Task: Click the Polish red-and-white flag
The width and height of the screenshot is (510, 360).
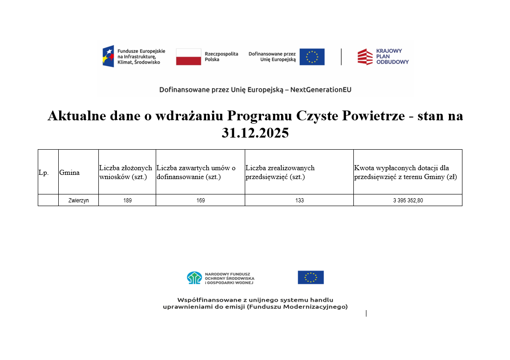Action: (x=188, y=57)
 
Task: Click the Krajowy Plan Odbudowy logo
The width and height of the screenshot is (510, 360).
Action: (x=383, y=56)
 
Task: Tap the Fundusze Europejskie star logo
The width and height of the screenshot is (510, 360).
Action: (x=108, y=56)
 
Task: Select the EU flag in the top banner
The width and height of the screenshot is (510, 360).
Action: (x=312, y=57)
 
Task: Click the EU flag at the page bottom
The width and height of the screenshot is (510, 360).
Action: (x=310, y=277)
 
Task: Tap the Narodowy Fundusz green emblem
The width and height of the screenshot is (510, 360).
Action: (x=194, y=278)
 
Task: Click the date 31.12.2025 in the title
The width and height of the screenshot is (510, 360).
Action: (x=255, y=133)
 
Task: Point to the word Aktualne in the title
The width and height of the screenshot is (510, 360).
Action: (x=75, y=116)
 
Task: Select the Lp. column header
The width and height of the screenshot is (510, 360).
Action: (x=43, y=173)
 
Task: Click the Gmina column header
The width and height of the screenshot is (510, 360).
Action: (x=69, y=173)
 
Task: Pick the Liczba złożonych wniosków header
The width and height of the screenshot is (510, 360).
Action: (x=126, y=172)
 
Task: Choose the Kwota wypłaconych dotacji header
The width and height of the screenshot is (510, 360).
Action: (x=405, y=172)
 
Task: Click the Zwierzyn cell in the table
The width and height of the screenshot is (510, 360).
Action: (x=78, y=201)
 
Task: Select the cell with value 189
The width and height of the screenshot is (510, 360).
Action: (x=127, y=201)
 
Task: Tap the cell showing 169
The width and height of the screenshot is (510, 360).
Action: (x=200, y=201)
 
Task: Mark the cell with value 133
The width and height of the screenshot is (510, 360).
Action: (x=299, y=201)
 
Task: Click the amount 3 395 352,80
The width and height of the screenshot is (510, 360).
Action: (x=408, y=201)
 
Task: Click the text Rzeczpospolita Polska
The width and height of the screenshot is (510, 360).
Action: (x=221, y=57)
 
